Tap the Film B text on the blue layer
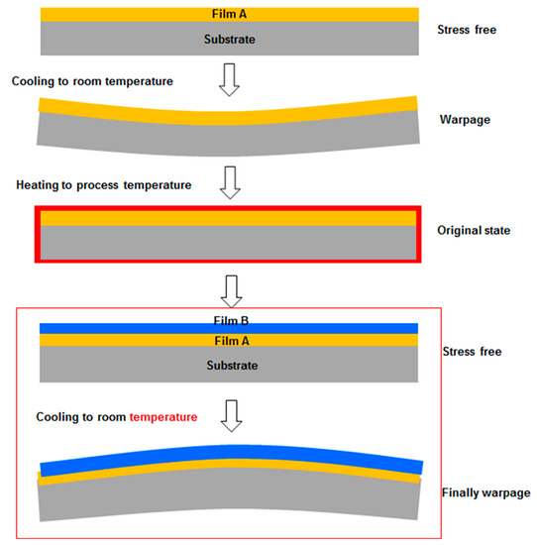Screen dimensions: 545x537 tap(228, 321)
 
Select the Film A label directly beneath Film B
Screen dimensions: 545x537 tap(228, 341)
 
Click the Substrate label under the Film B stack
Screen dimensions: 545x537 tap(228, 366)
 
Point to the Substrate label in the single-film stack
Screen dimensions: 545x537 tap(228, 38)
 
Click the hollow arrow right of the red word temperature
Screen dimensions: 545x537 tap(229, 414)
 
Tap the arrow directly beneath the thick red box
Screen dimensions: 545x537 tap(229, 287)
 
